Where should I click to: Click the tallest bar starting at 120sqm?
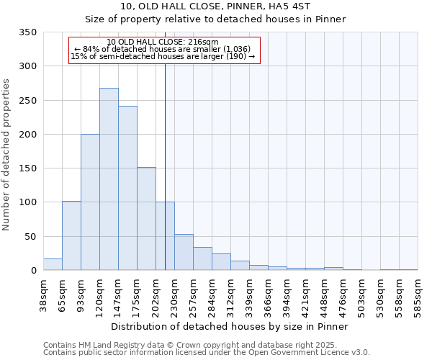(109, 179)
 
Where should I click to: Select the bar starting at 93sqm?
(90, 202)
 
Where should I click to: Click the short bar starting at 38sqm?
(53, 264)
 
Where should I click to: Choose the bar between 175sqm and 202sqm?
(146, 219)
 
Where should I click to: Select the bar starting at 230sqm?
(184, 253)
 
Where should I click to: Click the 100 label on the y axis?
(29, 202)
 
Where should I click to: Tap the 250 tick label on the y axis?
(29, 100)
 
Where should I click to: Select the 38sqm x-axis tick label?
(43, 296)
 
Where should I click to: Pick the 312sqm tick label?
(230, 296)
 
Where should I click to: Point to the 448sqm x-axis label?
(324, 296)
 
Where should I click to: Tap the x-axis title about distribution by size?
(230, 326)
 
